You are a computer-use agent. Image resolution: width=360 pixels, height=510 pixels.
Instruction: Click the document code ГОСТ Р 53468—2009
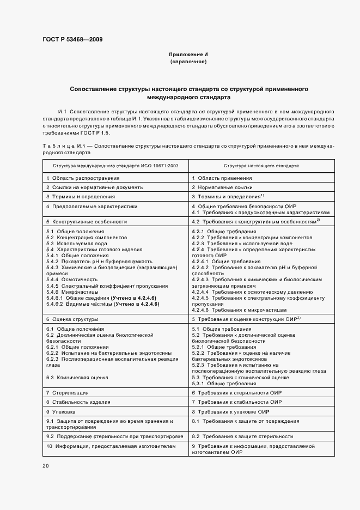point(72,39)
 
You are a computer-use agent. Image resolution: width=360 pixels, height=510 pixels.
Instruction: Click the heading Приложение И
point(188,55)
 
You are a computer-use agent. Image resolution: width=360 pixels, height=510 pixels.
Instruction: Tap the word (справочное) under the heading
point(188,62)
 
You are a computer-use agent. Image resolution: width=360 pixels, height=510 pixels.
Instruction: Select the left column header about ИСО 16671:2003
point(115,165)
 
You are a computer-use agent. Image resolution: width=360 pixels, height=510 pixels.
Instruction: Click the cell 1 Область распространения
point(83,178)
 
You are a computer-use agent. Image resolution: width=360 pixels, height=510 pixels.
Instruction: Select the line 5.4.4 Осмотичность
point(75,279)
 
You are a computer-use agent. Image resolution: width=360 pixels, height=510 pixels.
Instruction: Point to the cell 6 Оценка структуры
point(71,318)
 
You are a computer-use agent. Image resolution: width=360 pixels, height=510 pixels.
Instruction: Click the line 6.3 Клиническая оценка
point(77,377)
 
